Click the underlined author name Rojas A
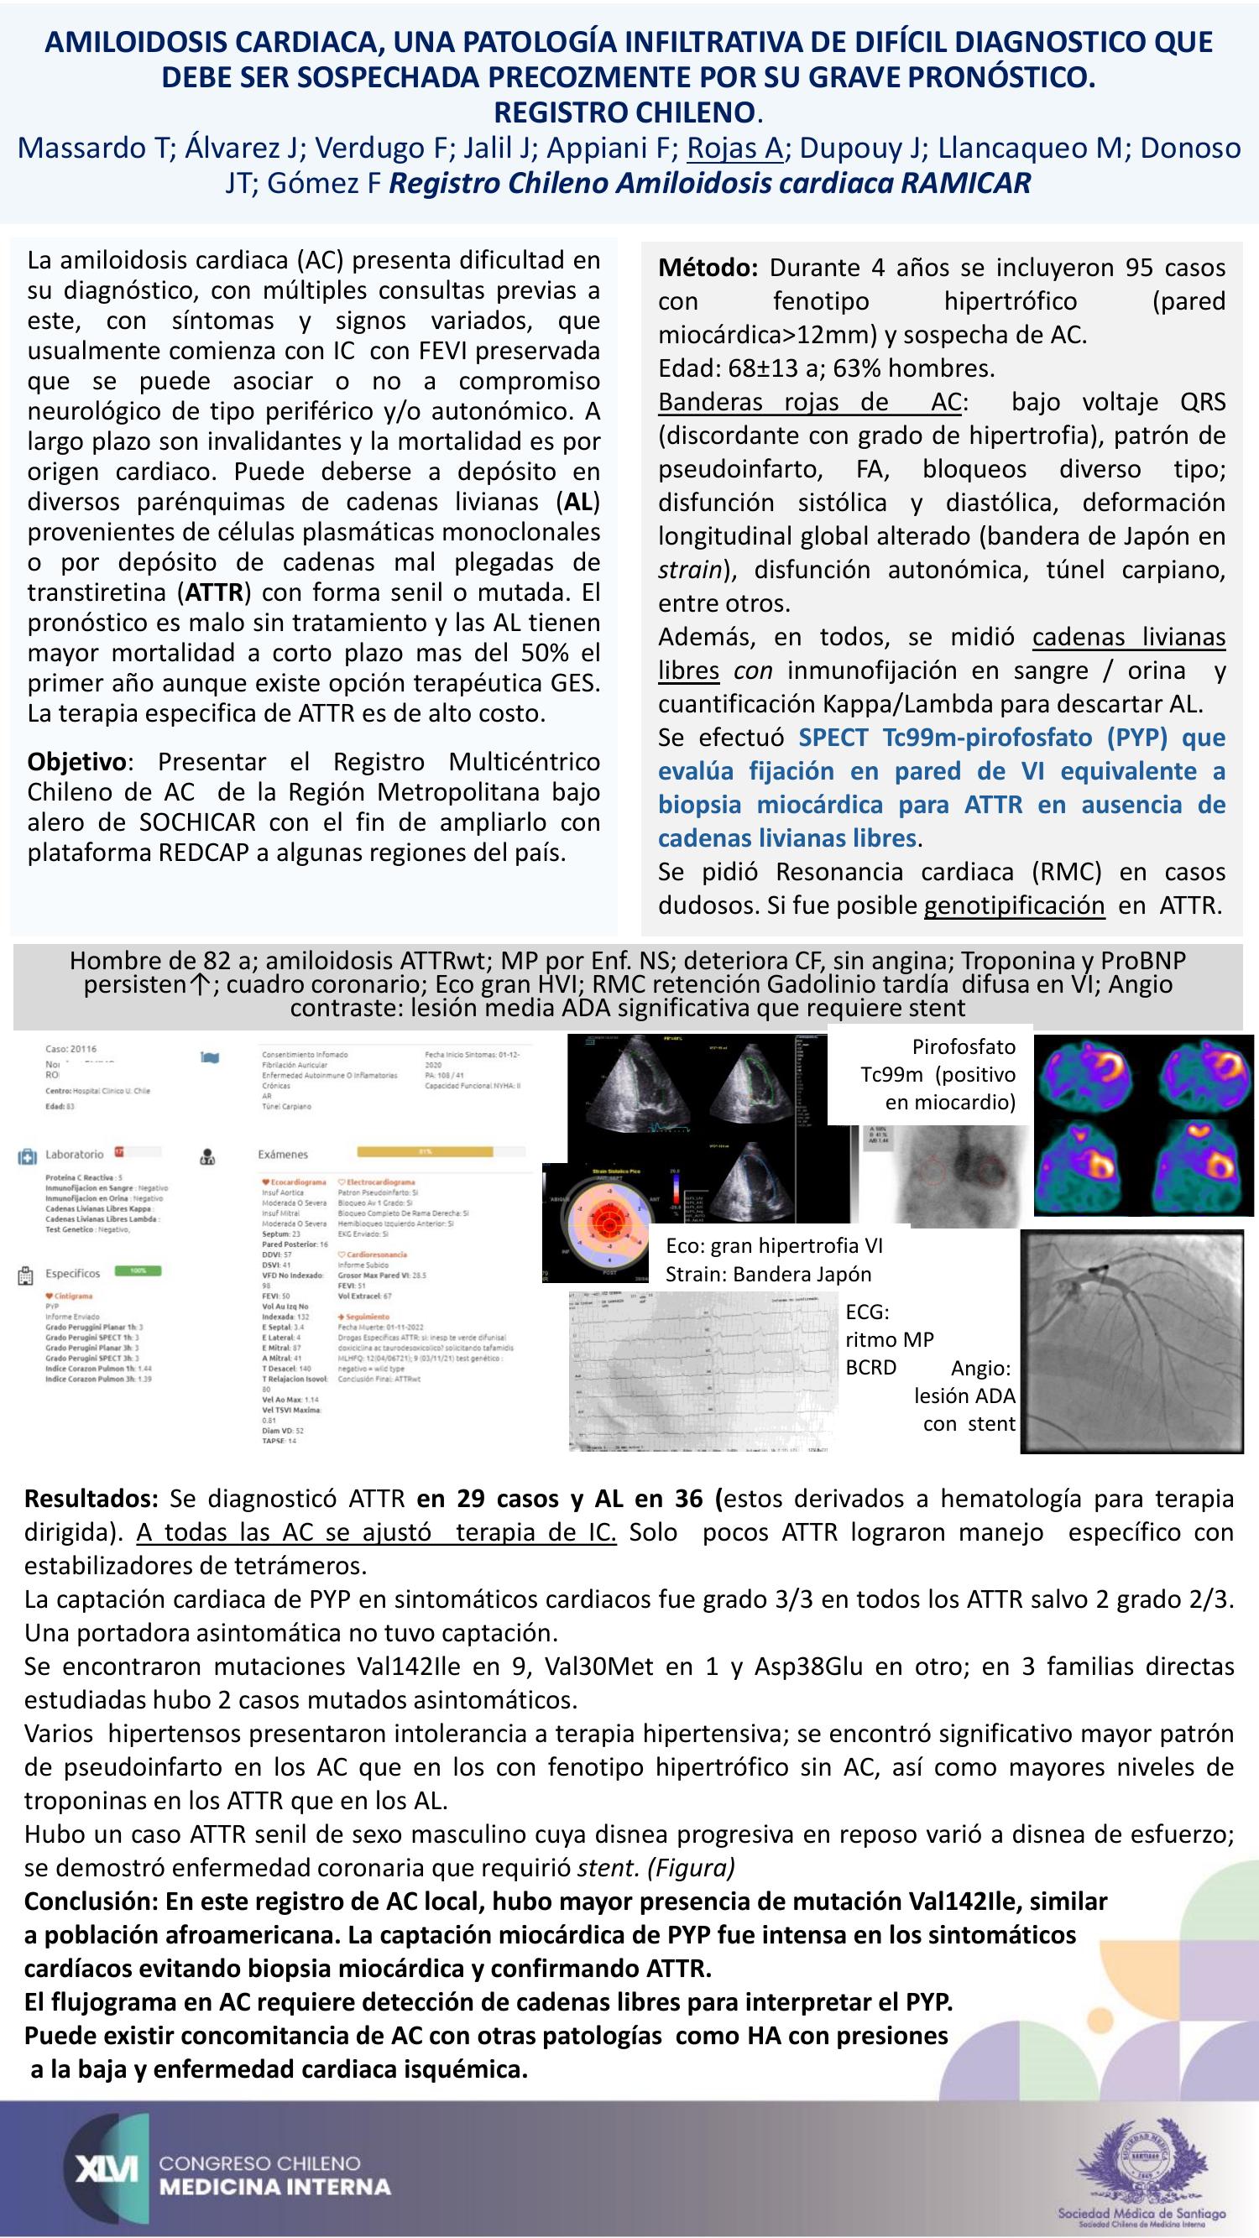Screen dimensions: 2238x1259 [x=734, y=149]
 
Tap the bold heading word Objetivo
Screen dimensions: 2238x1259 [x=77, y=762]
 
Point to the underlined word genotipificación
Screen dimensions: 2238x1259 [x=1014, y=905]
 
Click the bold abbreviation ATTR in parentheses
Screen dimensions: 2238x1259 [x=213, y=593]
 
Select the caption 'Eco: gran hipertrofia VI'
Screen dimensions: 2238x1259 [x=773, y=1246]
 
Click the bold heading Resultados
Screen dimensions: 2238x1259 [x=91, y=1499]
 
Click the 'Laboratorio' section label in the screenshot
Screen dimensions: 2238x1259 [x=75, y=1155]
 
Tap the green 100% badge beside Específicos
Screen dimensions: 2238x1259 [x=138, y=1270]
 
